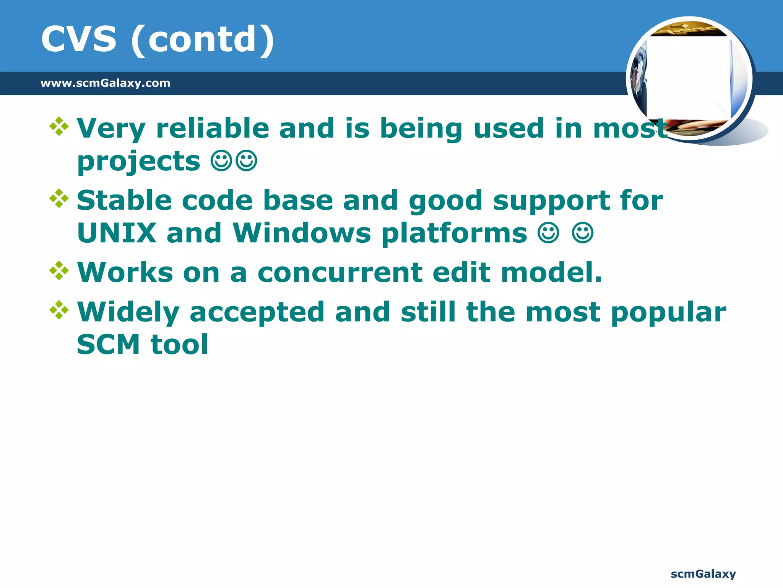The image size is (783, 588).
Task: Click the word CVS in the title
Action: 78,39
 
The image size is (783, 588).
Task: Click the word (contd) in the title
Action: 202,40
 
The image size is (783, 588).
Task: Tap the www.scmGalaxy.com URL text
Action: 105,83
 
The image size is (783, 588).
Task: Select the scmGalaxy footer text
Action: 703,574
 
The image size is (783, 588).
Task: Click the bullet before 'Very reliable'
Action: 59,126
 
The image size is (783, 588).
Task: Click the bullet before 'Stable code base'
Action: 59,198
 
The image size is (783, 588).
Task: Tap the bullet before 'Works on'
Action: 59,271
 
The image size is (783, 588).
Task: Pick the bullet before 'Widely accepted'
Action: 59,310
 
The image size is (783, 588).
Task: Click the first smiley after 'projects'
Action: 221,161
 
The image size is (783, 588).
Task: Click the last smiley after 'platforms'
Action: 583,233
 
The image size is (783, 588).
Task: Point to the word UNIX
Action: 117,233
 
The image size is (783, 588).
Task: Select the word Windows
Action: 302,233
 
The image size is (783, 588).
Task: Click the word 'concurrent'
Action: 340,273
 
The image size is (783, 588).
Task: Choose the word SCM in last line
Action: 108,345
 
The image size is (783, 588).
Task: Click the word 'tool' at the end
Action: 179,345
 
